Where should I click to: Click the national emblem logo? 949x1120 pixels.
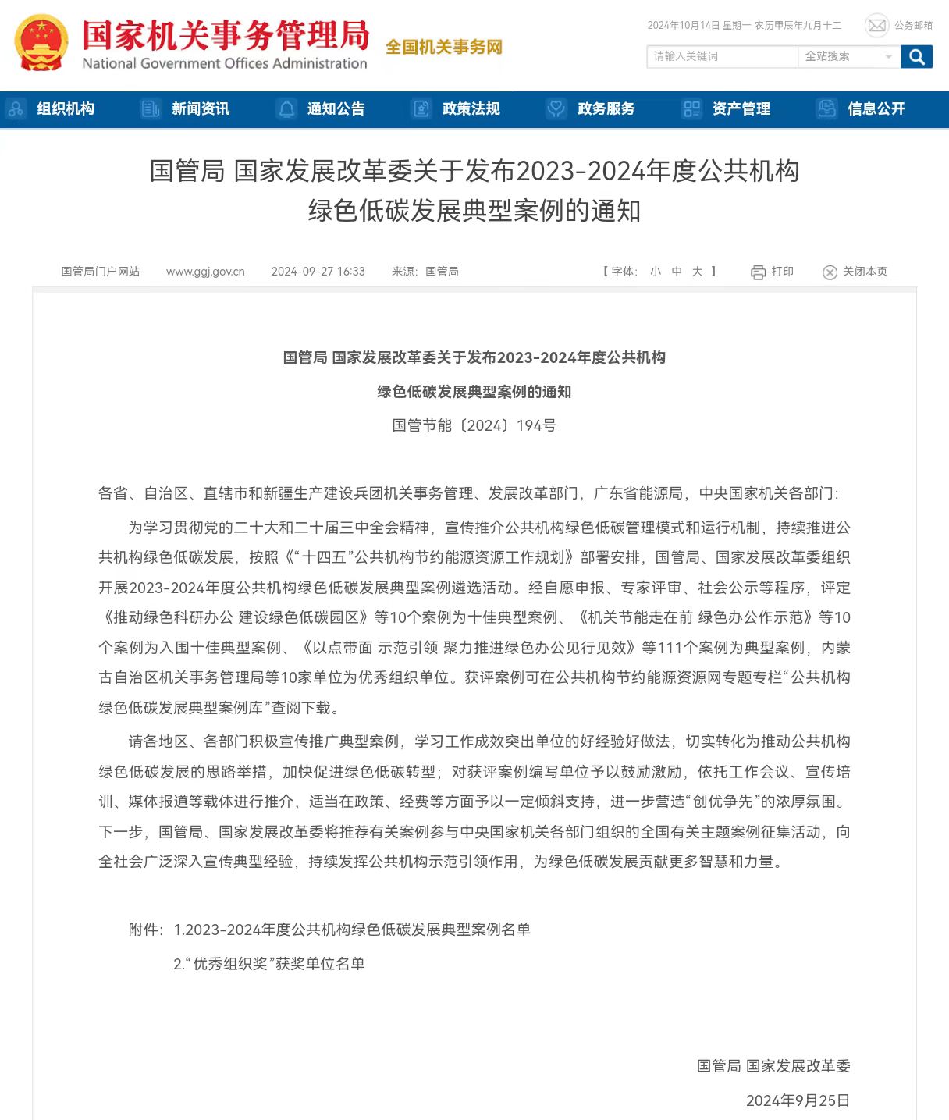41,43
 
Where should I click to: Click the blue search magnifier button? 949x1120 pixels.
916,56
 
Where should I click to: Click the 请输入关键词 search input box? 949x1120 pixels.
721,56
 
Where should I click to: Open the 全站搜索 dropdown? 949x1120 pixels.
848,56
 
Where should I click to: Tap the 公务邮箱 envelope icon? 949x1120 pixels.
876,26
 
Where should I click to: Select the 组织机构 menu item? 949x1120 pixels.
66,109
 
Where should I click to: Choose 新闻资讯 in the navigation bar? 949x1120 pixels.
201,109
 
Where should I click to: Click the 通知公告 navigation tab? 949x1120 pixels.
336,109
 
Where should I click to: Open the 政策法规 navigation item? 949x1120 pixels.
471,109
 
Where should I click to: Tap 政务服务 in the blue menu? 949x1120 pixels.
606,109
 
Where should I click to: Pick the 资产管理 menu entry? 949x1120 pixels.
741,109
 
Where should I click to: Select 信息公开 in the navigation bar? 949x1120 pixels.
876,109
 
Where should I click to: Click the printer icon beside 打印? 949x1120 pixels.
758,272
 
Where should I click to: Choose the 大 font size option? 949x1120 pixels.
697,272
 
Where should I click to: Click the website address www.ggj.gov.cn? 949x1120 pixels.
205,272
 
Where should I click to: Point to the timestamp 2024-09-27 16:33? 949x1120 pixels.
318,272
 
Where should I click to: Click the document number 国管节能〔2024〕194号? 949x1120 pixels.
474,425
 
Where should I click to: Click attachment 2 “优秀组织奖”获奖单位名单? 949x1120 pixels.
269,964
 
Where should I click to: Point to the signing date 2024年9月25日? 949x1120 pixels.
798,1100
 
